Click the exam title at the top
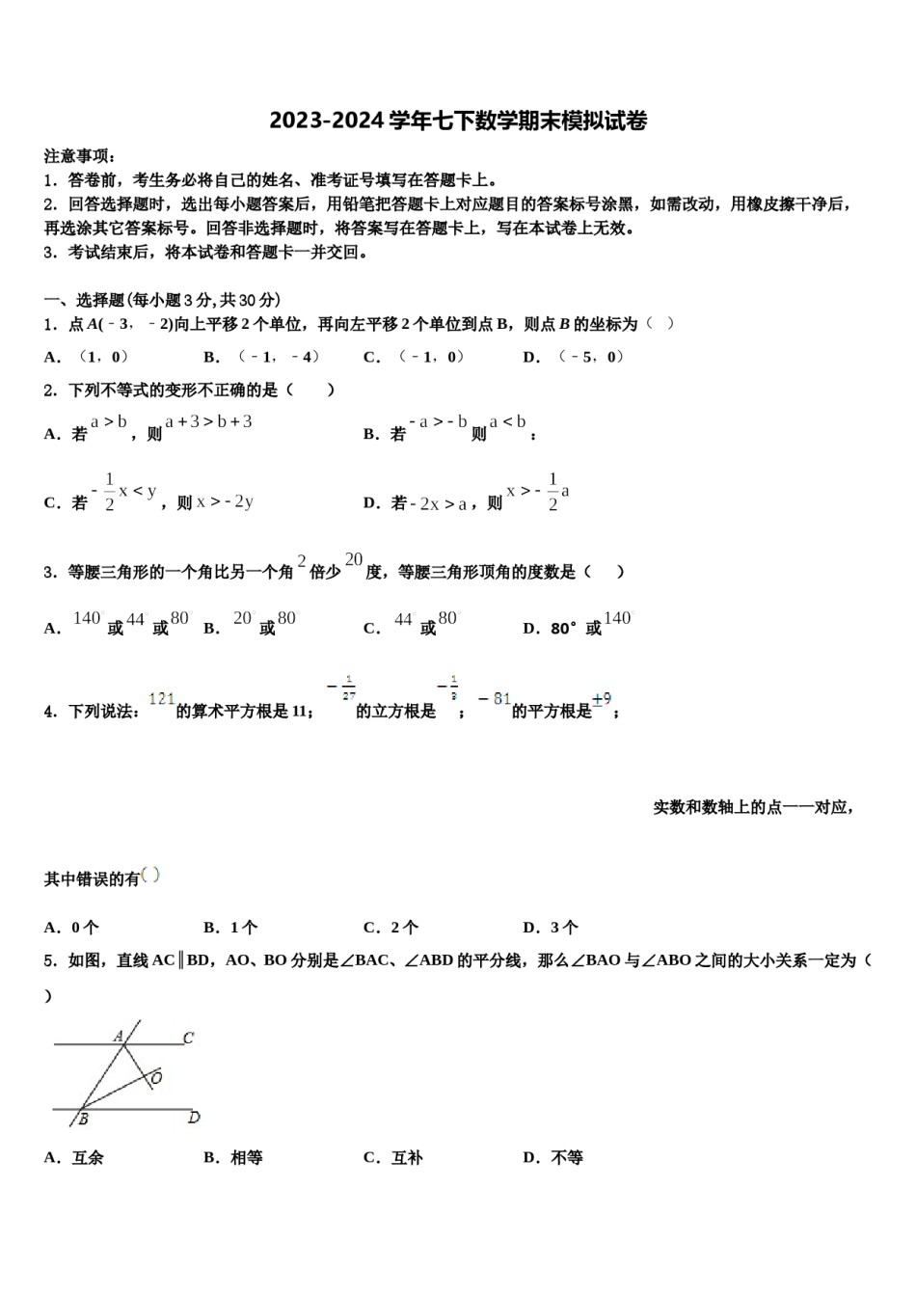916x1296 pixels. click(458, 121)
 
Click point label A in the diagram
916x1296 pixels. click(119, 1037)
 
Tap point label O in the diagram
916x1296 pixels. click(156, 1077)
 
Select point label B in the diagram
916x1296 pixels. click(83, 1120)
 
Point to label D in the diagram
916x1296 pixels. click(194, 1118)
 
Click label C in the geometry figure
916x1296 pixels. click(189, 1039)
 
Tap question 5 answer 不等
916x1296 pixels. click(553, 1157)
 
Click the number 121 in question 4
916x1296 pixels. click(162, 699)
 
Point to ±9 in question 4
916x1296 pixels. click(602, 700)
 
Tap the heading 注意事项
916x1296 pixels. click(80, 155)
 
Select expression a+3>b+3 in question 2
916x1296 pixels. click(208, 421)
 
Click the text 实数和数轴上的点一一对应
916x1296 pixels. click(752, 807)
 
